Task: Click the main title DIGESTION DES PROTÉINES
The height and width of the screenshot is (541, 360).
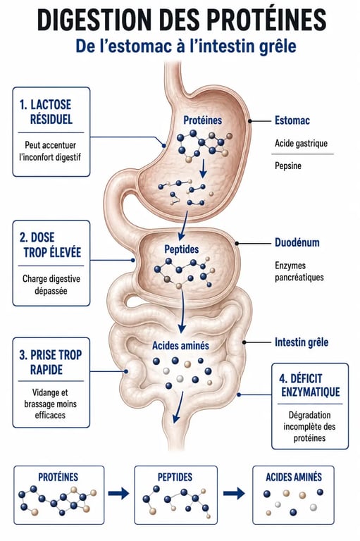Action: pos(182,20)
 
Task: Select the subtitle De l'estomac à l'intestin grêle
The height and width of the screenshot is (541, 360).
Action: pos(186,46)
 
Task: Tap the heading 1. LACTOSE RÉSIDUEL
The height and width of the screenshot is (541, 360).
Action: pos(46,112)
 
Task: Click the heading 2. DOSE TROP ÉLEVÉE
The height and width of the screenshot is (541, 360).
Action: pos(51,245)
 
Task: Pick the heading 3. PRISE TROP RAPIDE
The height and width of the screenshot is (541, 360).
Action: pos(51,362)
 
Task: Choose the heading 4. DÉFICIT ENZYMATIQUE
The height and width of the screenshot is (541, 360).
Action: pos(309,385)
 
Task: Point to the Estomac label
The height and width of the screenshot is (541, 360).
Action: pos(292,120)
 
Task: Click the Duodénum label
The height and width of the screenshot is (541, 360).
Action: pos(297,242)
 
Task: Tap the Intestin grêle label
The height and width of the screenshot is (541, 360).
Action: pos(302,342)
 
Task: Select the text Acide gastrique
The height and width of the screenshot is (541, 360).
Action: pos(301,143)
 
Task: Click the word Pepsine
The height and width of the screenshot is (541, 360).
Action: pos(288,166)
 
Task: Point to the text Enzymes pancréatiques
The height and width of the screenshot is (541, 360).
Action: pos(299,271)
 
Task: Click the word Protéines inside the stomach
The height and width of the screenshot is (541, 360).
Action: pos(203,120)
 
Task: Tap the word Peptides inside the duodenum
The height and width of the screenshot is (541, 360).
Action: pos(182,249)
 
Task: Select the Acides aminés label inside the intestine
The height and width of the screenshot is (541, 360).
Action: pos(180,345)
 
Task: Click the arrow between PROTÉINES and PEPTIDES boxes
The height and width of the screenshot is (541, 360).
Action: pos(119,493)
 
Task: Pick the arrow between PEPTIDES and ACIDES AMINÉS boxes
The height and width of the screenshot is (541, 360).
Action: pos(234,493)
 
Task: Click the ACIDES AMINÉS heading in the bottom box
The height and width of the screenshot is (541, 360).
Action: pos(293,477)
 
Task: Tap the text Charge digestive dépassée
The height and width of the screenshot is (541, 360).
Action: pos(51,285)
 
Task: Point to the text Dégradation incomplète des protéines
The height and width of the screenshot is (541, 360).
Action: pos(309,426)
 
